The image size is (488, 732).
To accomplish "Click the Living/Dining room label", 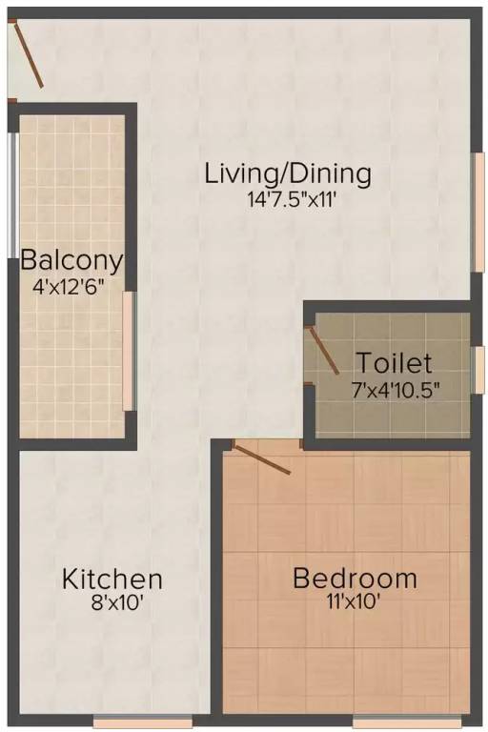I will coord(287,174).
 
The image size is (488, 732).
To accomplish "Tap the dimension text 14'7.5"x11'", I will coord(287,200).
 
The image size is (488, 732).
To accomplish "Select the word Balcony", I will coord(71,259).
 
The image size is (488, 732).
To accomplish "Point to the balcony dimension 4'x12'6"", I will coord(71,283).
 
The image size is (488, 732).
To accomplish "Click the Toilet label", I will coord(394,363).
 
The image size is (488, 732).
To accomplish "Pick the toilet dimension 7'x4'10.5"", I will coord(394,388).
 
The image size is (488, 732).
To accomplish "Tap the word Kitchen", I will coord(112,579).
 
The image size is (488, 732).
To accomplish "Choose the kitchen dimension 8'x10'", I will coord(112,602).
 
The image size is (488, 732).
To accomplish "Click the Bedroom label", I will coord(355,579).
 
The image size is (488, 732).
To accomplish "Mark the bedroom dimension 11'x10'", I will coord(355,602).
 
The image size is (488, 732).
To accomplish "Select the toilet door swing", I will coord(322,350).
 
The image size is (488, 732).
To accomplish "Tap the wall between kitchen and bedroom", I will coord(217,581).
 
